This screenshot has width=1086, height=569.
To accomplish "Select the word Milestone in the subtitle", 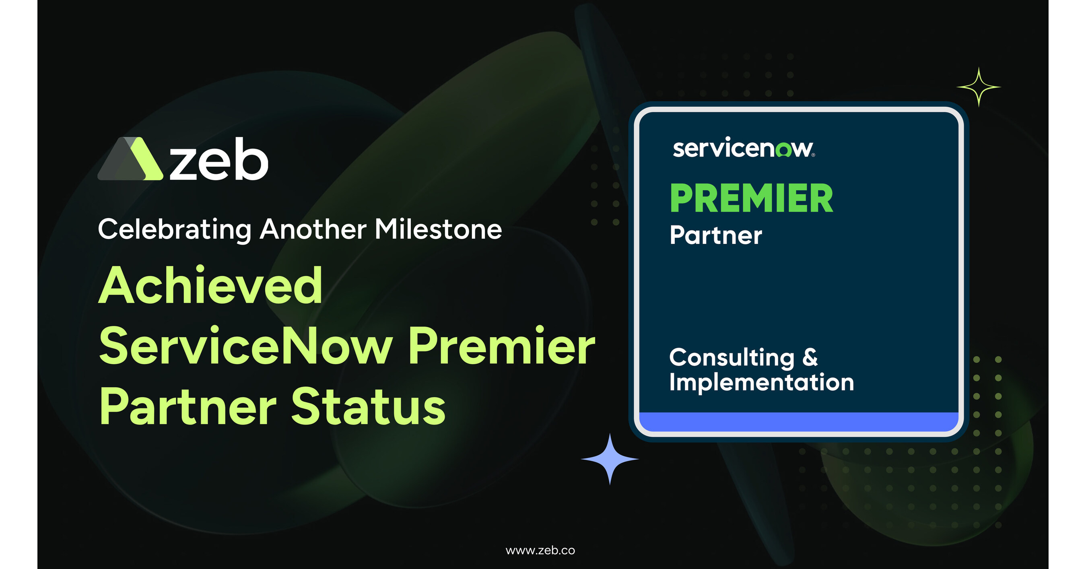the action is (439, 229).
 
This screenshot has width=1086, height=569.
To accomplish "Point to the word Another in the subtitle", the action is (313, 229).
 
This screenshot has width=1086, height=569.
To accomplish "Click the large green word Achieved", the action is (211, 285).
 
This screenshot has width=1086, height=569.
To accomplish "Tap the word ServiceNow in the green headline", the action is (246, 346).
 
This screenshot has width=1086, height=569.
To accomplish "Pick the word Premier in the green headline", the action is (502, 346).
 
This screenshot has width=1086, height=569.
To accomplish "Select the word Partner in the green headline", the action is (188, 406).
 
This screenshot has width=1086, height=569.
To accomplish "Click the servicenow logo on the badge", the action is (744, 148).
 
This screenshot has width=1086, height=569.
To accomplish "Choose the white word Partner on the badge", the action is (716, 235).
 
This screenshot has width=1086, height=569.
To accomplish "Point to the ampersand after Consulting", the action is (810, 357).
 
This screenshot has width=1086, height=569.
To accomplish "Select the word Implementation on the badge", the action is (762, 382).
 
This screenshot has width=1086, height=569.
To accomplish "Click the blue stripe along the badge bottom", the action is (799, 421).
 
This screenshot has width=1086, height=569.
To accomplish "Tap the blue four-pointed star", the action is (610, 459).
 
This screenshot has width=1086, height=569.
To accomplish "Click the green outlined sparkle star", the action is (979, 87).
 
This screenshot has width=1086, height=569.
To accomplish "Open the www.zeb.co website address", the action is (540, 550).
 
